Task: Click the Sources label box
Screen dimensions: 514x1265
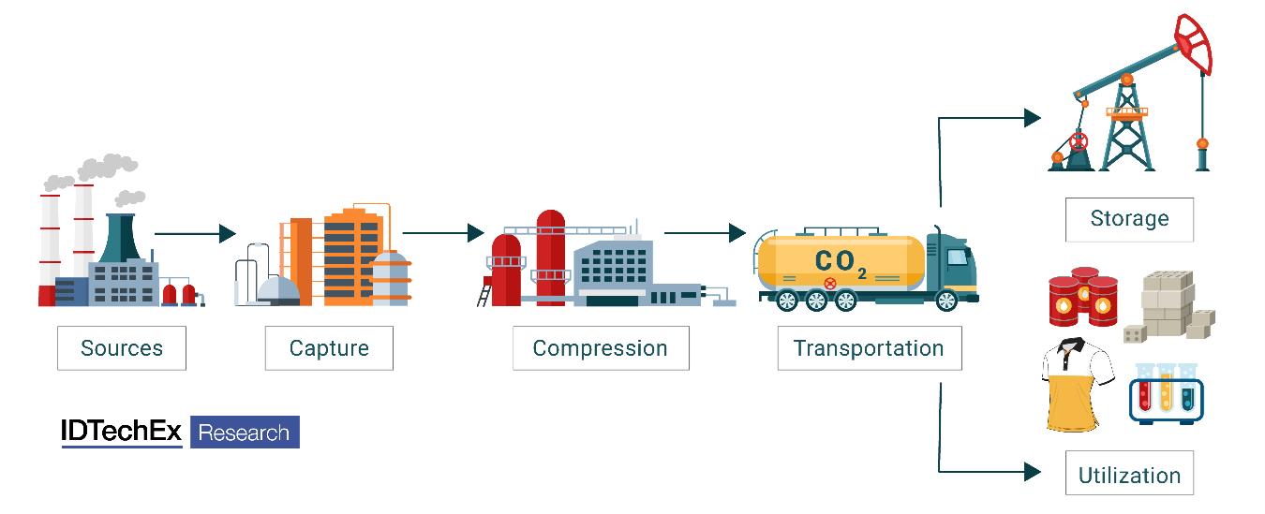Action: tap(122, 348)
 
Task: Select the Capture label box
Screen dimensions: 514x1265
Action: tap(329, 348)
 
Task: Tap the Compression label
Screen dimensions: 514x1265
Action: tap(601, 348)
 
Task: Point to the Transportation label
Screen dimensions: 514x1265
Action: tap(869, 348)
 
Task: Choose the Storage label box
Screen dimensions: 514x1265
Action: tap(1129, 219)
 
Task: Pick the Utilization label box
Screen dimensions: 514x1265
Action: tap(1129, 475)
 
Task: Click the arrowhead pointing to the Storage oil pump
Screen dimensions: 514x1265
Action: tap(1032, 117)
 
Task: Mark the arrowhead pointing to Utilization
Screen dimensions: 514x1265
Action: tap(1032, 471)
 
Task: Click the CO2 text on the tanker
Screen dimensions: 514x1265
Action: tap(840, 261)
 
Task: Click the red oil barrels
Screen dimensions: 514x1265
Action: tap(1083, 296)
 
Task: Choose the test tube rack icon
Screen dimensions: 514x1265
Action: tap(1166, 394)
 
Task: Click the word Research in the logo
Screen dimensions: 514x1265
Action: tap(245, 433)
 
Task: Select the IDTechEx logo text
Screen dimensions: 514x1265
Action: tap(122, 432)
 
